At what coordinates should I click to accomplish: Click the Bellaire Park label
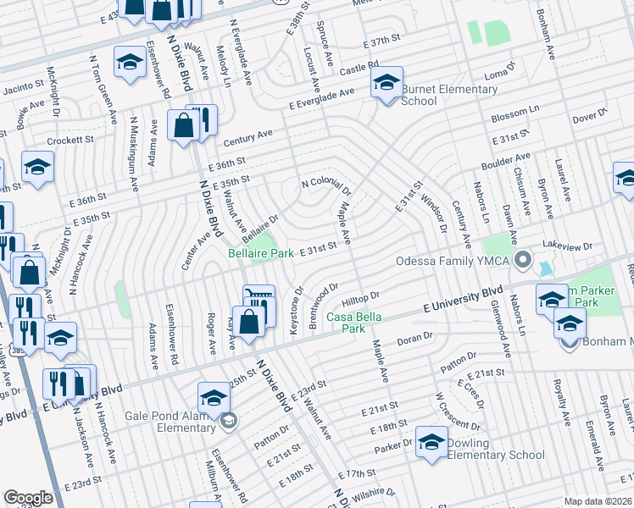pos(261,252)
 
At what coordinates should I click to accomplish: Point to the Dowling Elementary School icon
pos(431,442)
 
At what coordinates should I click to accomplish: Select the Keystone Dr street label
pos(296,314)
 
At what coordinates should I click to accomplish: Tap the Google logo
pos(28,498)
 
